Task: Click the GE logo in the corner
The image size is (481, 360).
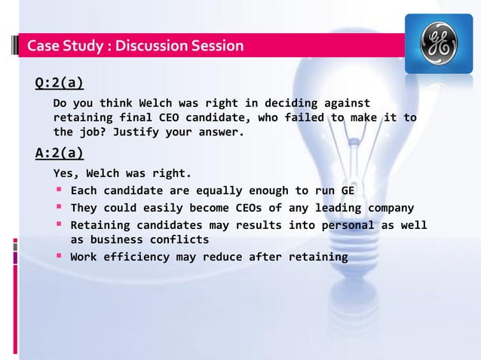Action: point(439,44)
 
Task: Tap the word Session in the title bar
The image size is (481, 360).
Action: point(216,47)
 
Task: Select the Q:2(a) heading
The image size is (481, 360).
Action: point(60,82)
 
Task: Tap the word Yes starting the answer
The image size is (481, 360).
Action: point(66,172)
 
